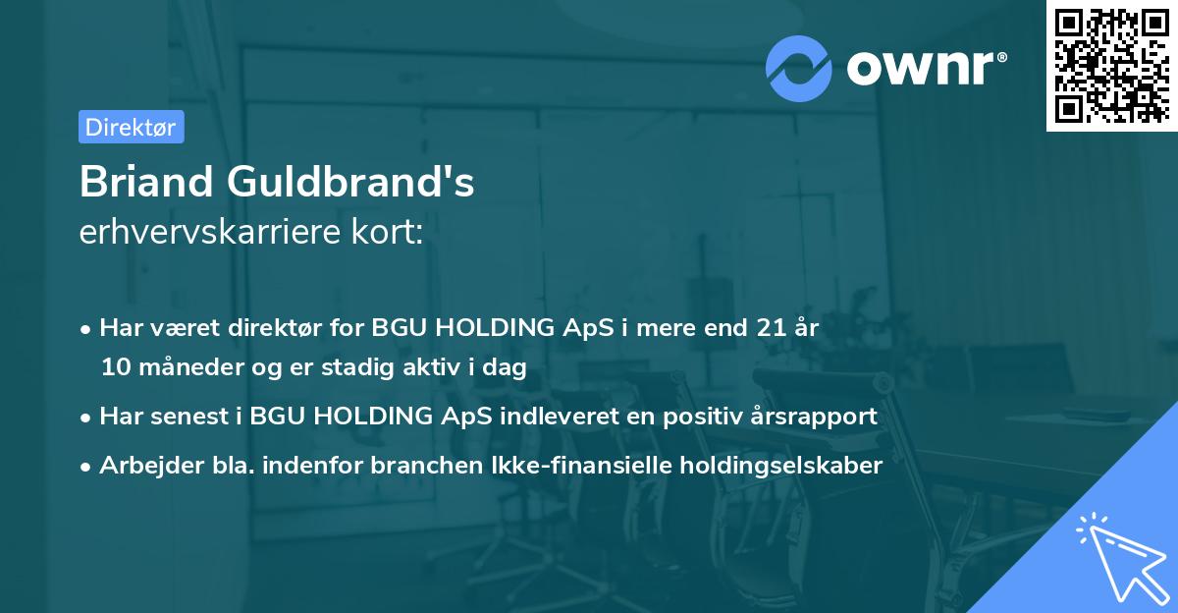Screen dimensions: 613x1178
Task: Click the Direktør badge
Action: point(131,127)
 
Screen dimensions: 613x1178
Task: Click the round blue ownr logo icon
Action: point(798,67)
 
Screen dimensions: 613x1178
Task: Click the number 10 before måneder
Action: point(116,368)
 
